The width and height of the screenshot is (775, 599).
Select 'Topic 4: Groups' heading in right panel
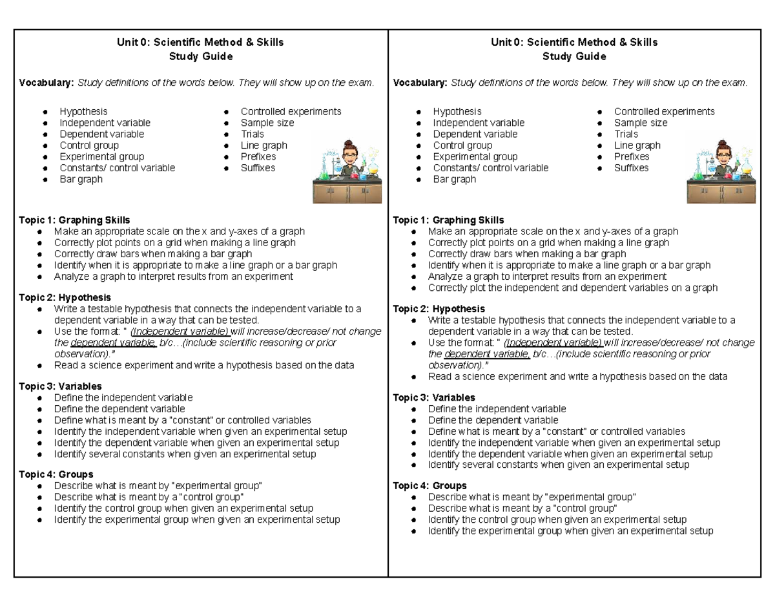(429, 485)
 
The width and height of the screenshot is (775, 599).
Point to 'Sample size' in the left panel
(267, 123)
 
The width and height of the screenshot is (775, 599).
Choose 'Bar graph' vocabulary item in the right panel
(454, 179)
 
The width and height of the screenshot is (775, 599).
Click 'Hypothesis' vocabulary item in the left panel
(83, 111)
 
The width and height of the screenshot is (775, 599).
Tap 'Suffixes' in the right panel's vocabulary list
(631, 168)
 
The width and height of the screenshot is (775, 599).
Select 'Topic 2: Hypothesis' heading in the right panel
(439, 309)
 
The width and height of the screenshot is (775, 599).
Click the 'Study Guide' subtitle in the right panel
(574, 56)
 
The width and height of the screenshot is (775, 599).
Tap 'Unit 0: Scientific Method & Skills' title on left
(200, 43)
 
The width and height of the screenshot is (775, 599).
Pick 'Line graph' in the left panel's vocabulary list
(263, 145)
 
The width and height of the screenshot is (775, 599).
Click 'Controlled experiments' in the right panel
(664, 111)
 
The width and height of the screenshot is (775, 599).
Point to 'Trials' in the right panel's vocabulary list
(626, 134)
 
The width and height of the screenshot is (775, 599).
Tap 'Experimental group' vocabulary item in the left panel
(101, 156)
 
